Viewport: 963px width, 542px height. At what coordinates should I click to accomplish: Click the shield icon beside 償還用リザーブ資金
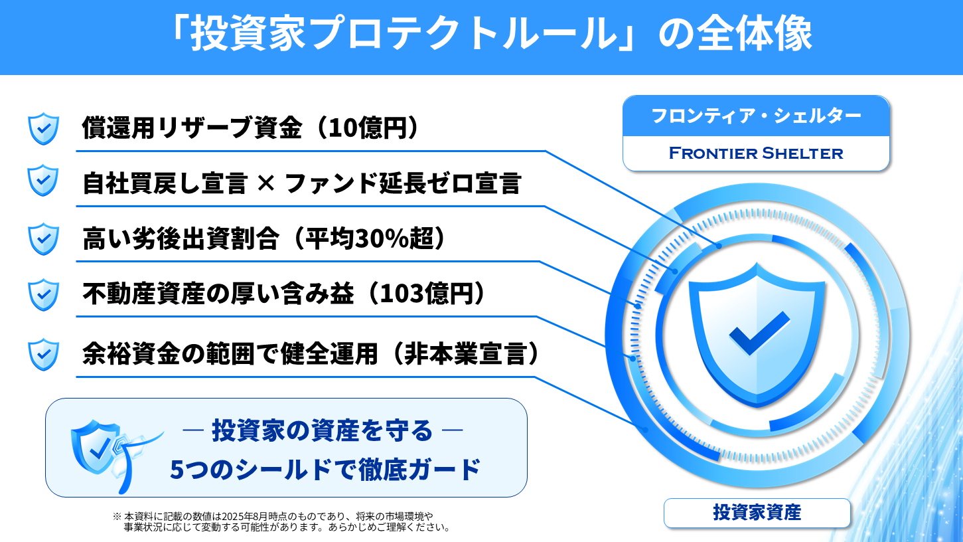point(44,129)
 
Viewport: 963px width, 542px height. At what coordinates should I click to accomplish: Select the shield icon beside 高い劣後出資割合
point(44,238)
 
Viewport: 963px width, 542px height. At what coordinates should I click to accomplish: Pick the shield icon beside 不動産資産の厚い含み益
point(44,294)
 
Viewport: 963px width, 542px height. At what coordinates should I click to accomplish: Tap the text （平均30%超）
point(369,238)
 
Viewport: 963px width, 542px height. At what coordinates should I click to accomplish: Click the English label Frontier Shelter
point(756,153)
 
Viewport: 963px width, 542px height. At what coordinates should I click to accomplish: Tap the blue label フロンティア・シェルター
point(756,116)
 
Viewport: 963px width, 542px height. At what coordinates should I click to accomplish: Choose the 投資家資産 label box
point(757,513)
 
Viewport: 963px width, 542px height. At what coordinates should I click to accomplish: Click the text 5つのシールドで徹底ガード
point(325,470)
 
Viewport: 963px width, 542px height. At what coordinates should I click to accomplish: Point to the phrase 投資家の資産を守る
point(322,431)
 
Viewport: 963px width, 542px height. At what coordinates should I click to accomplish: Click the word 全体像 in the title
point(755,36)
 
